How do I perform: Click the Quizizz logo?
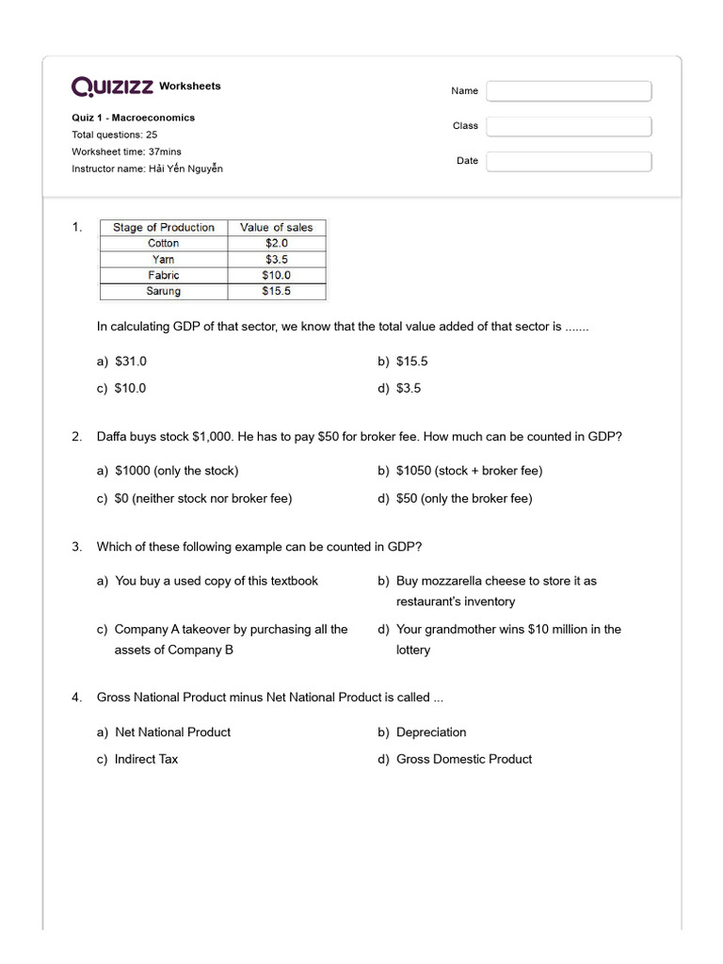click(113, 87)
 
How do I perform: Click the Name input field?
click(569, 91)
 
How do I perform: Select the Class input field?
click(569, 126)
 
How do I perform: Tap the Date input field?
click(569, 161)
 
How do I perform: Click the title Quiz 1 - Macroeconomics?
click(133, 118)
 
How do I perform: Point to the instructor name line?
click(147, 169)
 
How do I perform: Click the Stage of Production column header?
click(164, 228)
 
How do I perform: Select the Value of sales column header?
click(277, 228)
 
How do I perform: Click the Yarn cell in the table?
click(163, 259)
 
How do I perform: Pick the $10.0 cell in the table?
click(277, 275)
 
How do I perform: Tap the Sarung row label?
click(163, 291)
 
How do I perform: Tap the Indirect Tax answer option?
click(146, 759)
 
